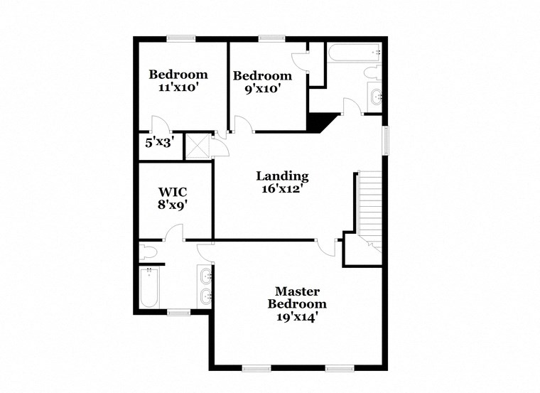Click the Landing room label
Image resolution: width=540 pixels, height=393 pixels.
click(282, 176)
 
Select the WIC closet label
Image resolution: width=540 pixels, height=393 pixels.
click(173, 192)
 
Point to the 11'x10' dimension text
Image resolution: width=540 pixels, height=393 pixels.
click(178, 88)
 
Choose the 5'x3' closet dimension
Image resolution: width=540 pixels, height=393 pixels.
click(160, 142)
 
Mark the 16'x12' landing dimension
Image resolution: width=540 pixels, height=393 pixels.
click(282, 190)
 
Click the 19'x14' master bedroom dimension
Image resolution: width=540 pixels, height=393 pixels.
click(297, 317)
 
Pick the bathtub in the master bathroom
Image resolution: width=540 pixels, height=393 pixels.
click(150, 288)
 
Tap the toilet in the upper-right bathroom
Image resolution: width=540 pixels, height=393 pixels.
click(373, 72)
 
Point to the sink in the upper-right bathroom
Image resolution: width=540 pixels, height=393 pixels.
click(375, 96)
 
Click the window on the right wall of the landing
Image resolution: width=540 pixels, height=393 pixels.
click(386, 139)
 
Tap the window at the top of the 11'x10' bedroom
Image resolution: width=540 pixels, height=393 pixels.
click(181, 38)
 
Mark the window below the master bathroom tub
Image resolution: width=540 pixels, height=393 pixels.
click(178, 311)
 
